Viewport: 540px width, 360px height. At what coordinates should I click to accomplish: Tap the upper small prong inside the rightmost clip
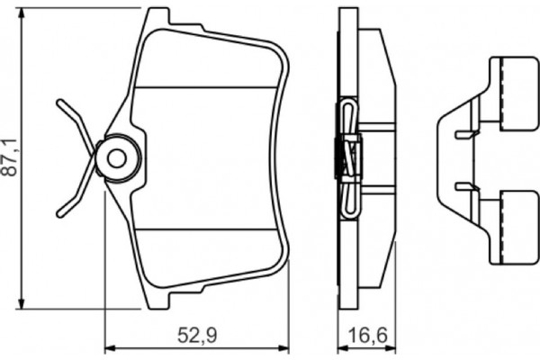(x=463, y=134)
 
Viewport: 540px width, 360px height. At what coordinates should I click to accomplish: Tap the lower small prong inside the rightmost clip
(x=463, y=186)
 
